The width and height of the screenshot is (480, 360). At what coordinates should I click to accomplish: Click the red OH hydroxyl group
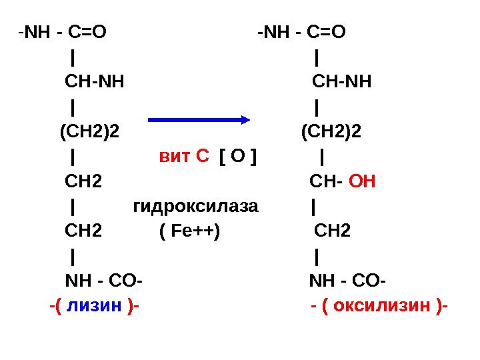point(363,181)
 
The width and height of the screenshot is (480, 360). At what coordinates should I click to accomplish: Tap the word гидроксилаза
point(195,206)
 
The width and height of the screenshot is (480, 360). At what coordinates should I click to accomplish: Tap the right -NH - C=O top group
point(303,32)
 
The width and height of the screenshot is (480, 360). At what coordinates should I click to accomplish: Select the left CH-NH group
point(94,83)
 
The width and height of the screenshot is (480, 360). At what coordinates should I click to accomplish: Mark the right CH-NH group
point(342,83)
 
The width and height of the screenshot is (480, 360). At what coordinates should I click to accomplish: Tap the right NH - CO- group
point(347,279)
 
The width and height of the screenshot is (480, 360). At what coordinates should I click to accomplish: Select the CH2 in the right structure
point(332,231)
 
